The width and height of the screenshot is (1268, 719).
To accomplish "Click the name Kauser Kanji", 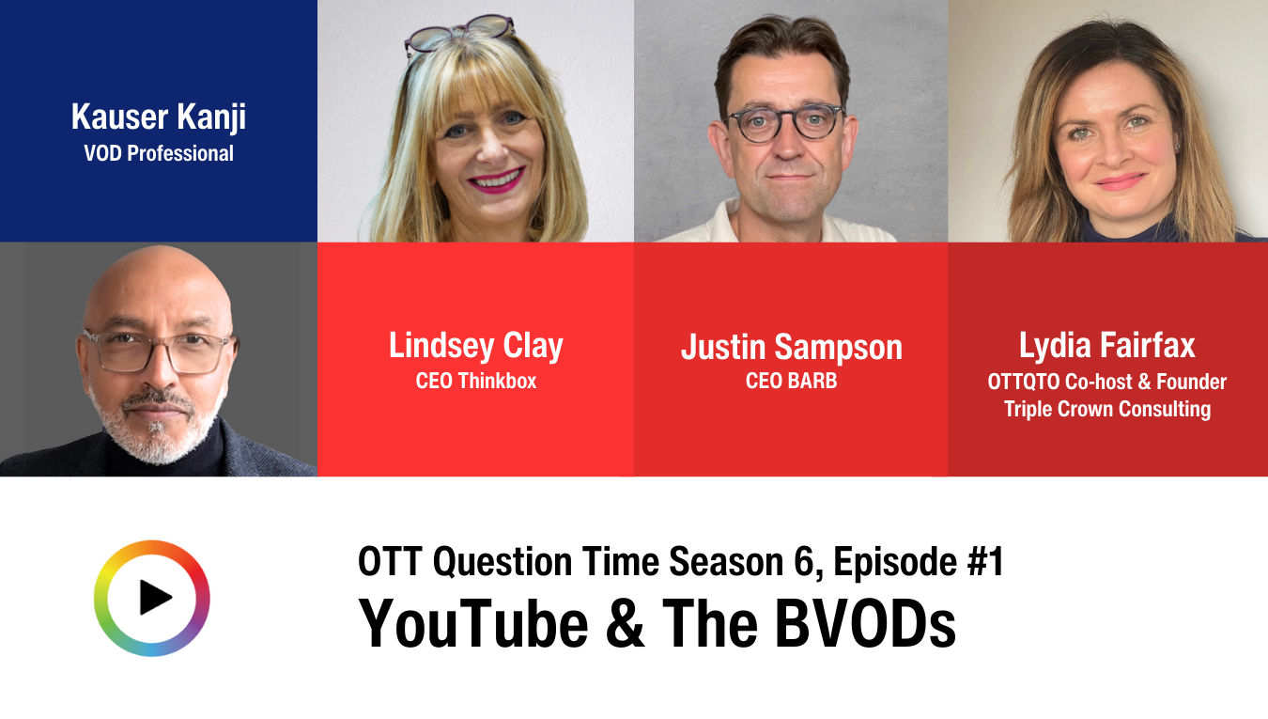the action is [x=159, y=117].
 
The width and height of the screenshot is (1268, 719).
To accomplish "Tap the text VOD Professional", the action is [x=159, y=153].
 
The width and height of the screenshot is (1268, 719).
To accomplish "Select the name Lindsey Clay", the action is [x=476, y=346].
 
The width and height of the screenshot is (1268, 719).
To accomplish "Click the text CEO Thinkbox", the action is [x=476, y=381].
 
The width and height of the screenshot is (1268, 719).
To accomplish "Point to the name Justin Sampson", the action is [x=792, y=347].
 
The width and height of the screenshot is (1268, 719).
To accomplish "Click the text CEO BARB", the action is [x=792, y=381].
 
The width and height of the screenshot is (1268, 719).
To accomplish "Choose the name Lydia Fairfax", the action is [x=1107, y=345].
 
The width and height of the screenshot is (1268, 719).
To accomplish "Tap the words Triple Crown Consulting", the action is [x=1107, y=409].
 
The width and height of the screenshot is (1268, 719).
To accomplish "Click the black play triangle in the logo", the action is [x=155, y=598].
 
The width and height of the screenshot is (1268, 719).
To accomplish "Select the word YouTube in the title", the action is [x=473, y=624].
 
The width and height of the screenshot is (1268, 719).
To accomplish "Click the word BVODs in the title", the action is [x=865, y=624].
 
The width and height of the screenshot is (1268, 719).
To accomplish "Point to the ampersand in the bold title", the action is [x=625, y=624].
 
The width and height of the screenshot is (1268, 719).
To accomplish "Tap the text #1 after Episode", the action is [x=985, y=562].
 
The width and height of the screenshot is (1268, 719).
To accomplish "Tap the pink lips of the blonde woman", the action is [x=497, y=180].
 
